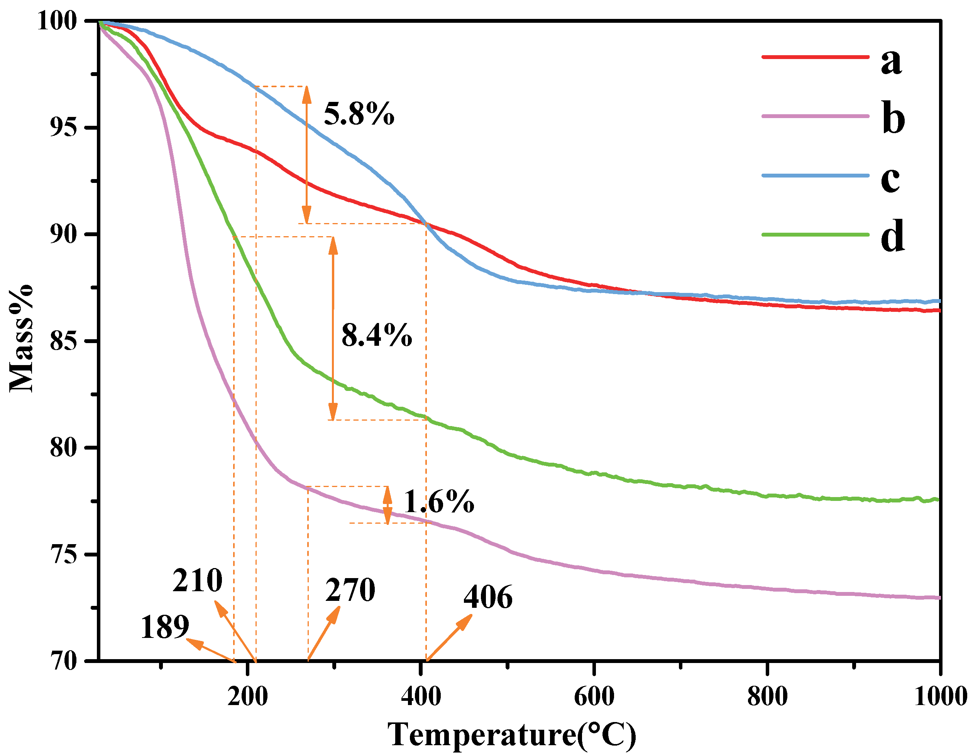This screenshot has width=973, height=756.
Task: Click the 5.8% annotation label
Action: pos(359,114)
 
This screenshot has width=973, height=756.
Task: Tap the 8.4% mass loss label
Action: pos(376,335)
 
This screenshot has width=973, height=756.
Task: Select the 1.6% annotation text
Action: pos(439,502)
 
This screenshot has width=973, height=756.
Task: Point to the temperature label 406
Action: pos(488,597)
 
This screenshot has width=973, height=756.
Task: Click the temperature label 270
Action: pos(350,590)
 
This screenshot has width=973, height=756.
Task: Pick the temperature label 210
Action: pos(197,580)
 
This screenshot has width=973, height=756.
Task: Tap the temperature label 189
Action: pos(165,627)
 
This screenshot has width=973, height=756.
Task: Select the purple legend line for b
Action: pos(815,116)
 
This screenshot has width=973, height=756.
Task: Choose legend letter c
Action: pos(890,179)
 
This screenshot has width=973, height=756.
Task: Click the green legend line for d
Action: pos(815,234)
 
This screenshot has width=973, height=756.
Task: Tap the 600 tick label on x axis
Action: pos(594,696)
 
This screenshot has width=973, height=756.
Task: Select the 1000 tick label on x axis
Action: pos(940,696)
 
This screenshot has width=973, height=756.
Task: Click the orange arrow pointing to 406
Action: pos(449,637)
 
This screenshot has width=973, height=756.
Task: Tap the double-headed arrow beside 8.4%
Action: pos(333,328)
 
